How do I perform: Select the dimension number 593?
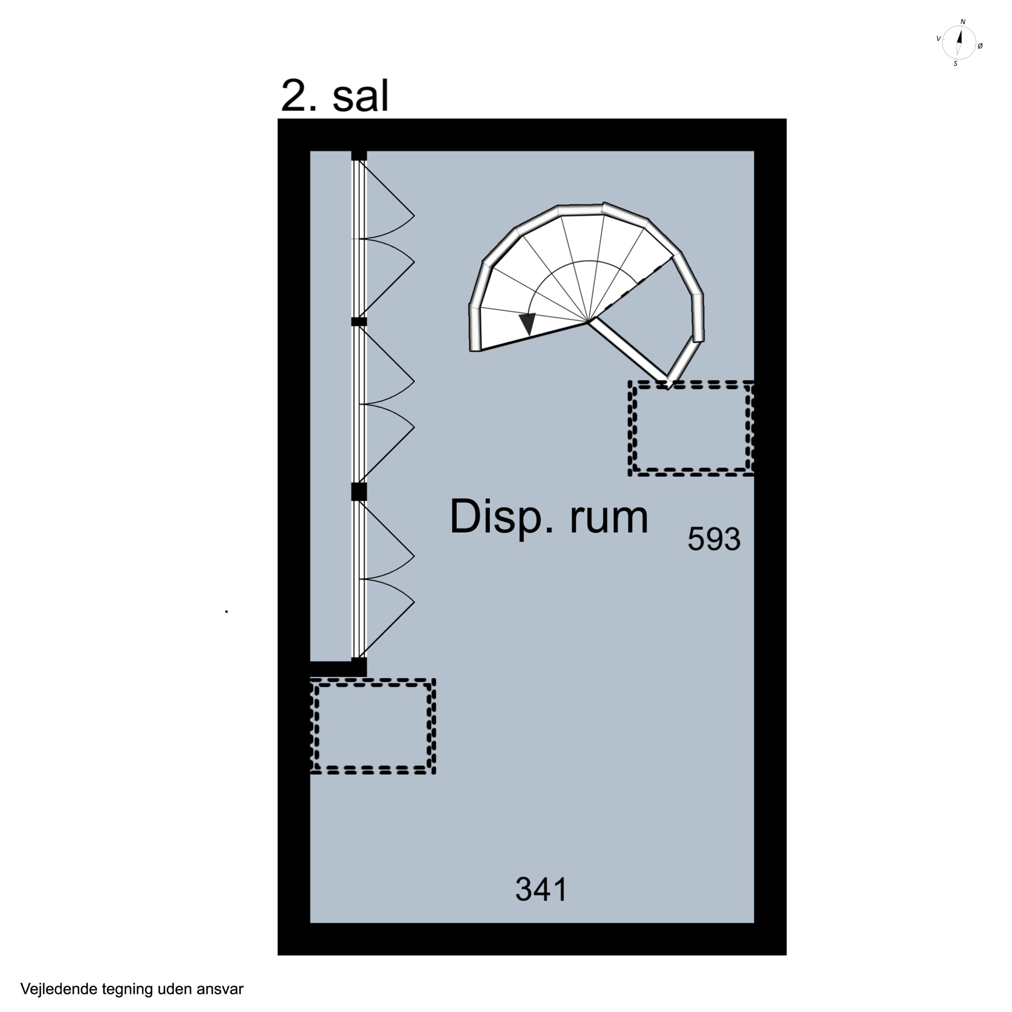coord(714,539)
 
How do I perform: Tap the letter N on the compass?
coord(963,22)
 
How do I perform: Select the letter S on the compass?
coord(955,64)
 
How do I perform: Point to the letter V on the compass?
coord(938,38)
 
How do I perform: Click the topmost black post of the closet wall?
coord(359,156)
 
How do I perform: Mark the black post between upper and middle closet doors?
coord(359,321)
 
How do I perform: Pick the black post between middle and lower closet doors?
coord(359,492)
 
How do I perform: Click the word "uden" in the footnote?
coord(169,989)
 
